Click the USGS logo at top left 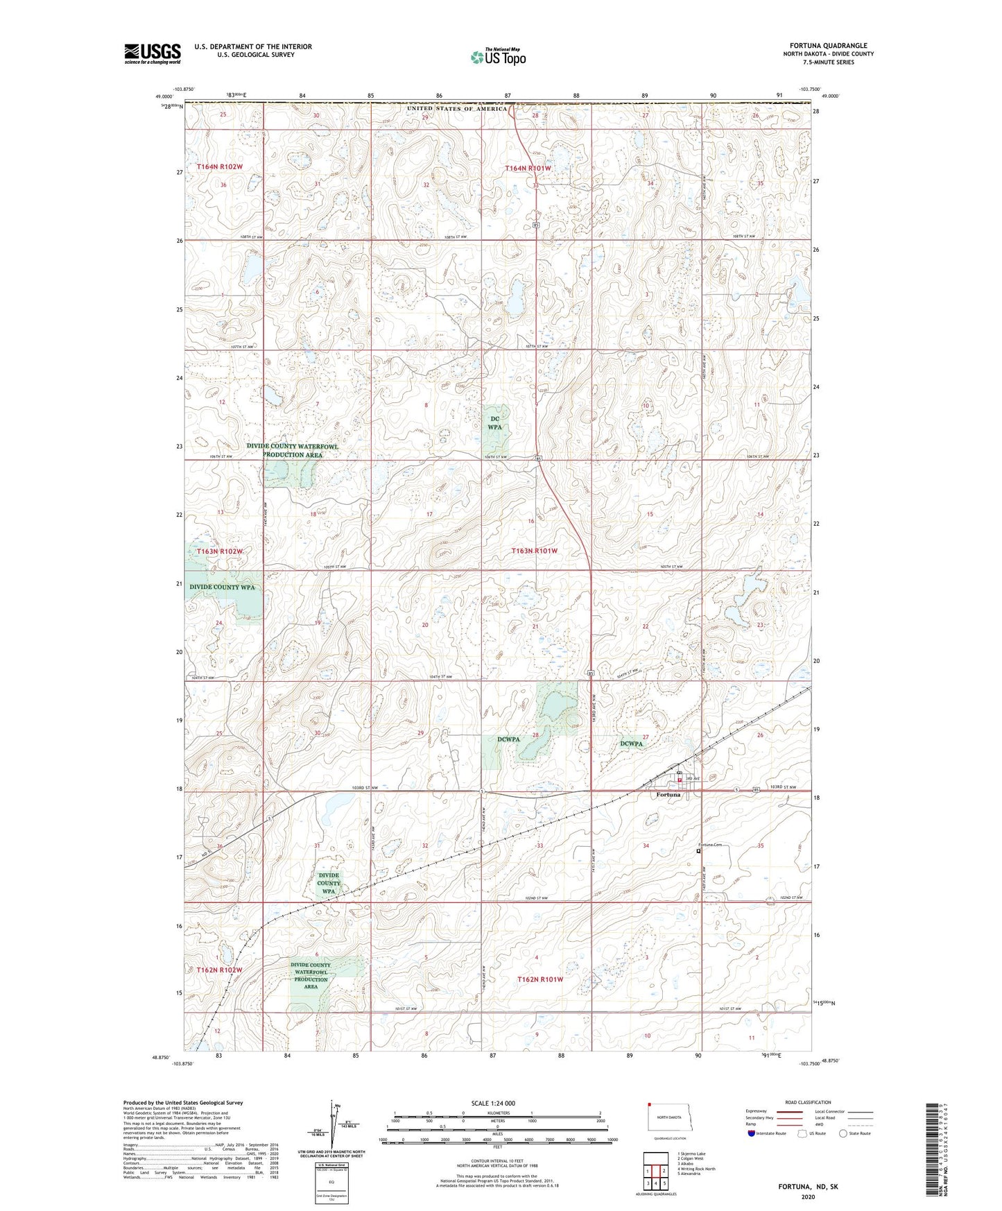152,53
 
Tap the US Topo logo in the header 498,57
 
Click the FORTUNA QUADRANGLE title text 828,46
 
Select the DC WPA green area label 494,422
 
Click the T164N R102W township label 219,166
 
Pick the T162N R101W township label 539,979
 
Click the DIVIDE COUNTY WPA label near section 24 222,587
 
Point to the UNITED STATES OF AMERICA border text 457,109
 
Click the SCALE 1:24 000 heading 493,1103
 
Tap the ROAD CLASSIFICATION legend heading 808,1102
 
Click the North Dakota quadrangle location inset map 669,1118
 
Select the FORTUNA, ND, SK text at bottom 807,1187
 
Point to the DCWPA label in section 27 631,744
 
